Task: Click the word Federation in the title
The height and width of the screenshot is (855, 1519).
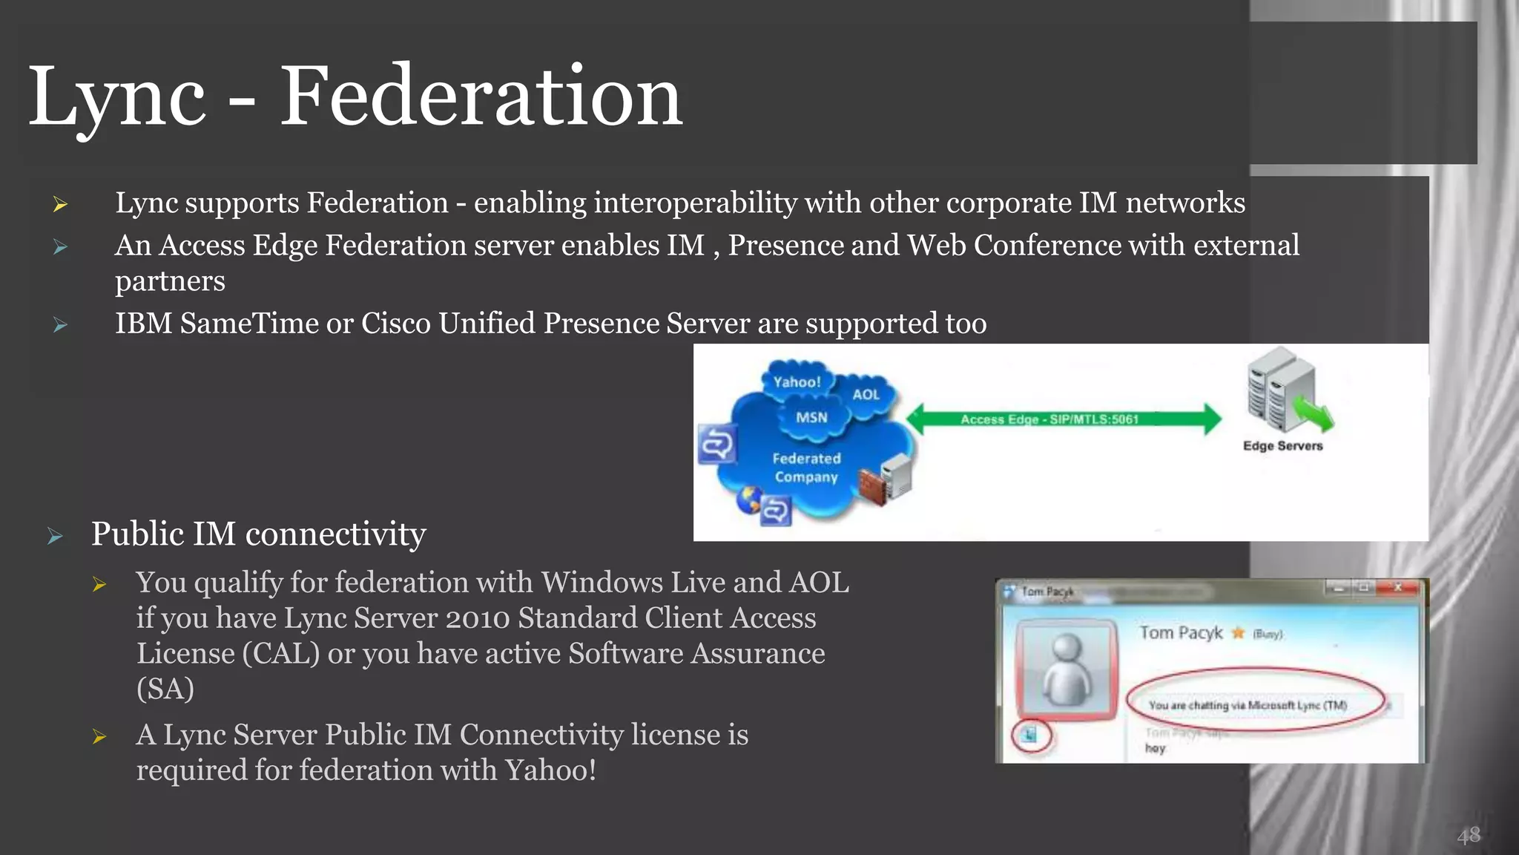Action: click(x=481, y=96)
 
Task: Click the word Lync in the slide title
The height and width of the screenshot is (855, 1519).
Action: click(x=116, y=96)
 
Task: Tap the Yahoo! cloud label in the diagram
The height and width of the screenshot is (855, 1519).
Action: click(x=797, y=381)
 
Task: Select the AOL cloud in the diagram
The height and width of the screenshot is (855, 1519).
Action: click(x=866, y=394)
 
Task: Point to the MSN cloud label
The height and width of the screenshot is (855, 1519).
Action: click(x=811, y=417)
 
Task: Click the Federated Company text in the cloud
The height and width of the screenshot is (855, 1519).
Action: click(x=806, y=468)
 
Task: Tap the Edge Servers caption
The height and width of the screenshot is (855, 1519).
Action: click(x=1282, y=445)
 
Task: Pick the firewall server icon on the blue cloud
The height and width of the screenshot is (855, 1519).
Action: click(x=886, y=480)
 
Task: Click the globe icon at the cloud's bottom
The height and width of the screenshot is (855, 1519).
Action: click(x=749, y=499)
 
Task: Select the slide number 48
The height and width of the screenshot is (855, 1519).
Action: click(x=1468, y=836)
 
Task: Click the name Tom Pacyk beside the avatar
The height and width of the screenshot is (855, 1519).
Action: click(x=1181, y=632)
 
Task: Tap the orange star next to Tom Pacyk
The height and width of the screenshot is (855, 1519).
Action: click(x=1238, y=633)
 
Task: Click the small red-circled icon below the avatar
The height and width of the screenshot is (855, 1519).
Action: click(x=1030, y=735)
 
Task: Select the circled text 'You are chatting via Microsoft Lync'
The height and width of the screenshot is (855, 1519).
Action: click(x=1248, y=705)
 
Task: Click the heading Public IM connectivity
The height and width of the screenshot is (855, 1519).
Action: click(x=258, y=534)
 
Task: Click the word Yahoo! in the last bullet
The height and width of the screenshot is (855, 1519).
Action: click(x=550, y=770)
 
